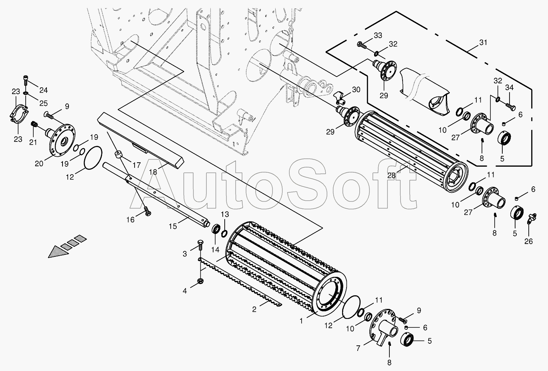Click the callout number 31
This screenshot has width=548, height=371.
(x=483, y=43)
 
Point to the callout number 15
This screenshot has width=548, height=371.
(x=172, y=226)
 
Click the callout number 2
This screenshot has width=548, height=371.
(x=254, y=309)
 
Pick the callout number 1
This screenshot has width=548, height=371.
(x=301, y=321)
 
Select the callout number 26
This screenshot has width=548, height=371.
(x=528, y=241)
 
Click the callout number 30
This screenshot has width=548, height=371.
(x=357, y=89)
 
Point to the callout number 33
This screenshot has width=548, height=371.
(x=378, y=36)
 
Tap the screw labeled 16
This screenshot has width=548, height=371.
(x=146, y=210)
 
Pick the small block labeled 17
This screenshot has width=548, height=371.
(x=118, y=154)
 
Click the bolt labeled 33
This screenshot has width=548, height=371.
(x=361, y=46)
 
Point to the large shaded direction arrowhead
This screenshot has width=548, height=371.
(x=56, y=251)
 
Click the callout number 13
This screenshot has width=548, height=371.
(x=224, y=214)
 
